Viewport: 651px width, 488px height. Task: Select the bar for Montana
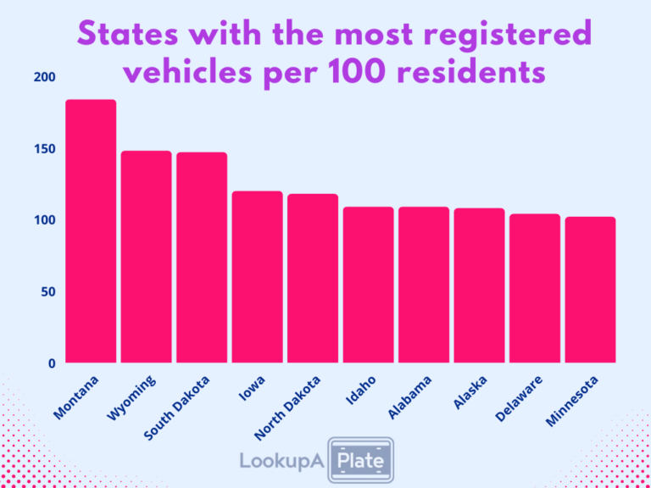coord(91,231)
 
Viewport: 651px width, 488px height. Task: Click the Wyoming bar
coord(146,257)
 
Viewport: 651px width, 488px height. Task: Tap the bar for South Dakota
coord(202,258)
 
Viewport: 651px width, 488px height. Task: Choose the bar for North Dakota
coord(313,278)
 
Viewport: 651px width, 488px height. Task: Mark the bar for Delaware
coord(535,288)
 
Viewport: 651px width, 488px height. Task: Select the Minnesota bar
coord(590,290)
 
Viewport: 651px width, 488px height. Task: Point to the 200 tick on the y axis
coord(45,77)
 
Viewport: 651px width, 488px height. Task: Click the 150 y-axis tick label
coord(45,149)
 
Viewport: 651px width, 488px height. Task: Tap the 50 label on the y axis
coord(48,292)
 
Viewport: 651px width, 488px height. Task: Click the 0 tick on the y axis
coord(52,363)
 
